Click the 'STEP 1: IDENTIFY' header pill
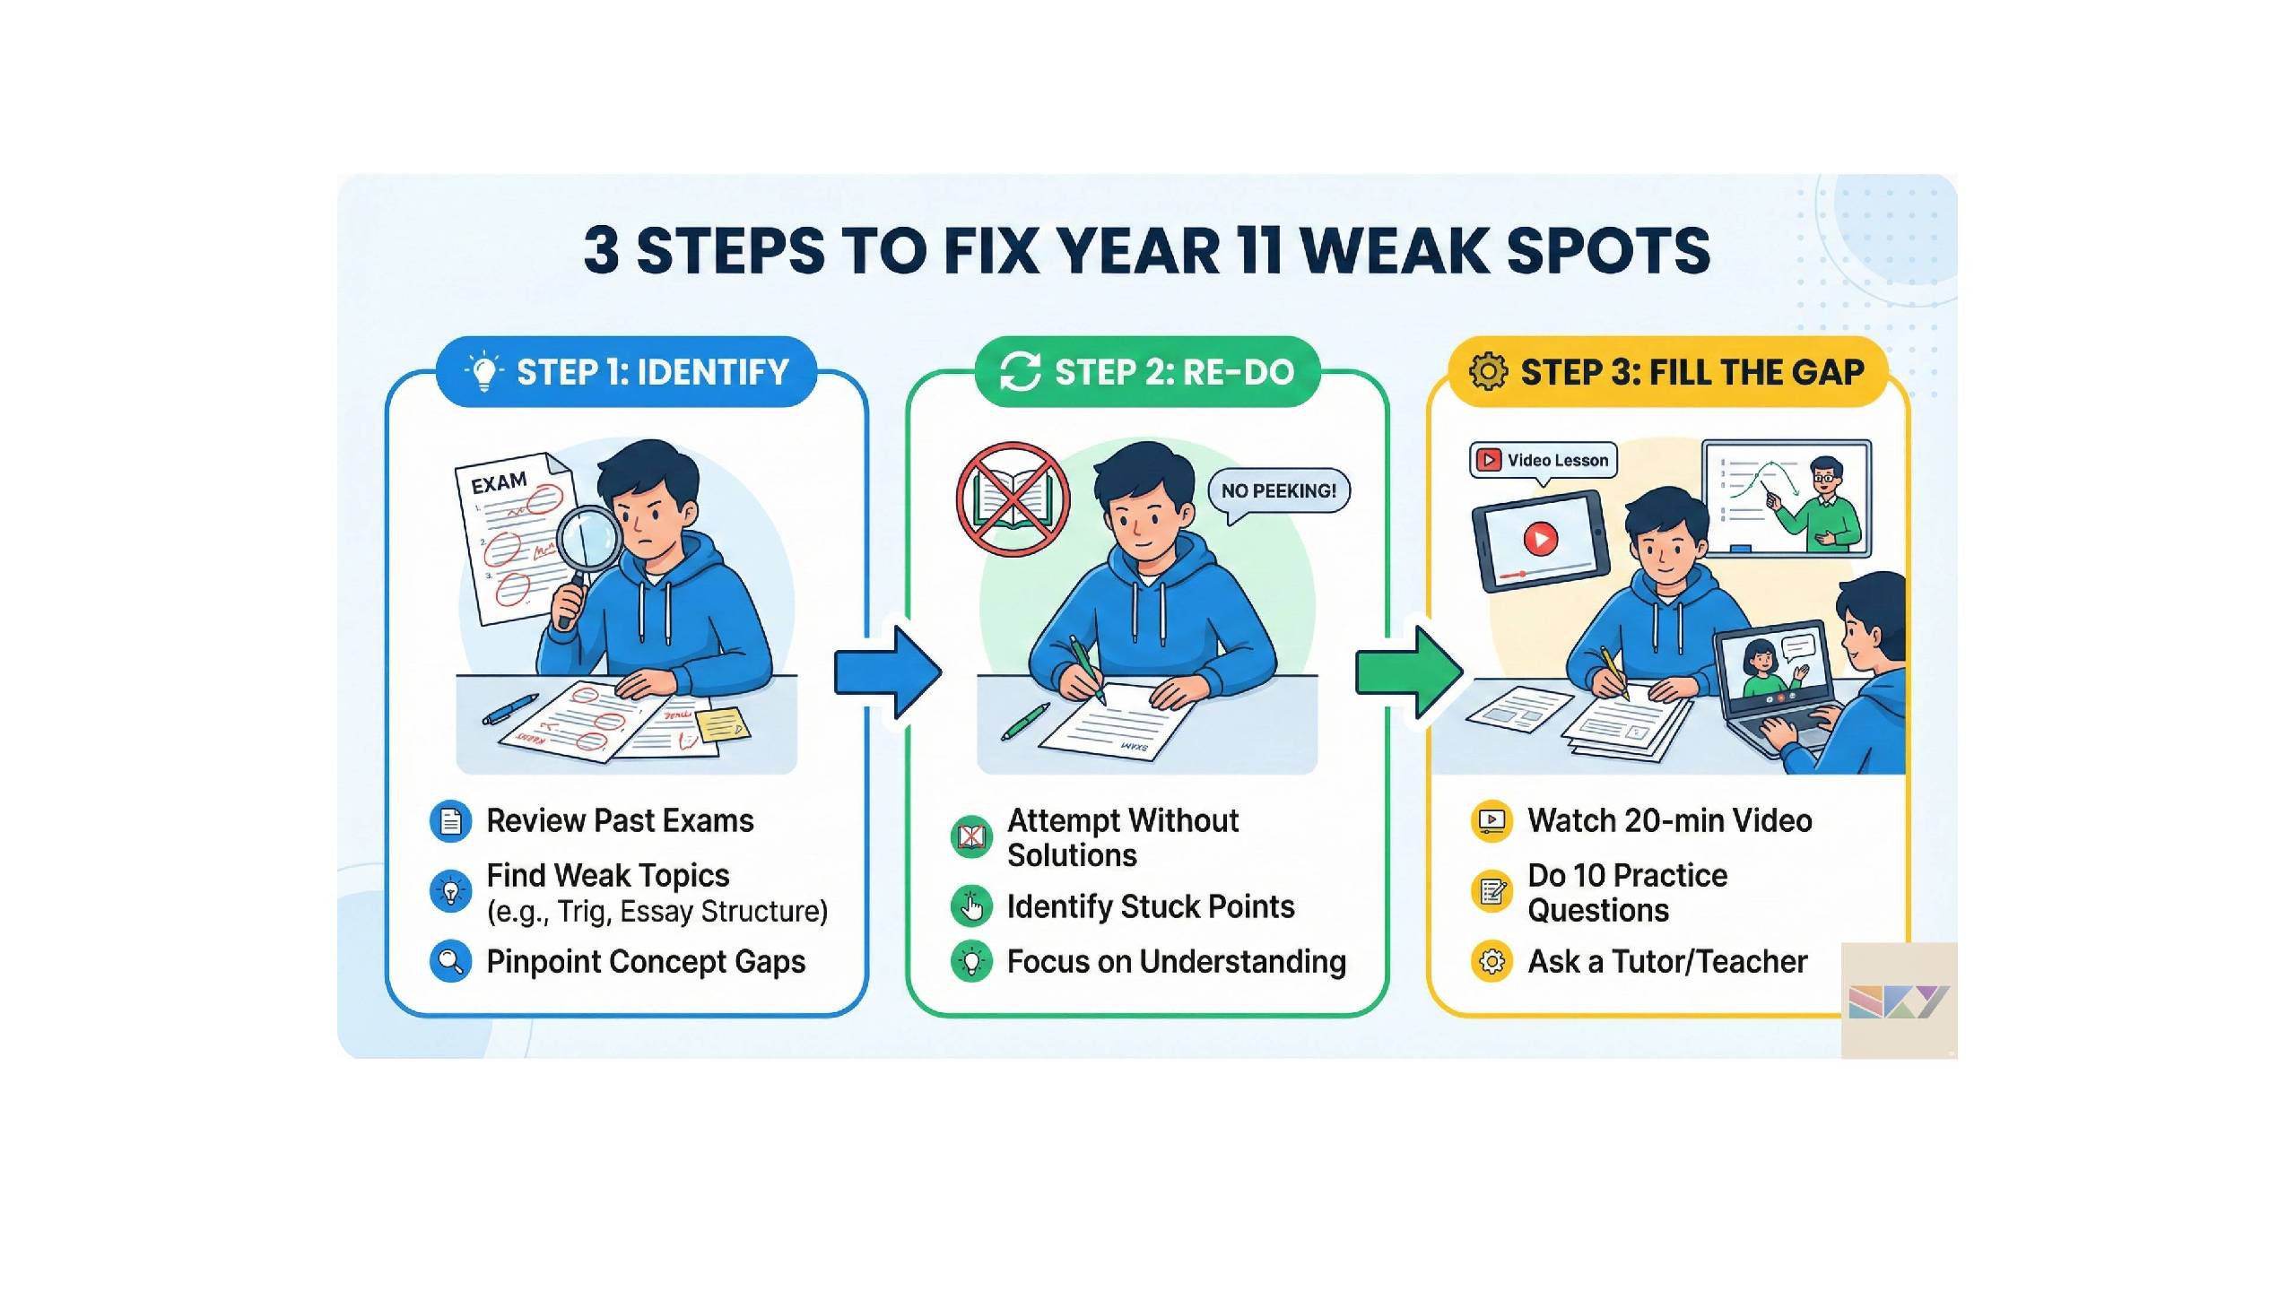(626, 371)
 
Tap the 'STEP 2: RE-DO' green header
(1147, 371)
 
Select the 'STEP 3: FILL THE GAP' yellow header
(1668, 371)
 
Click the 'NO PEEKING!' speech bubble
(1278, 492)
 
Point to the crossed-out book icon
(1013, 499)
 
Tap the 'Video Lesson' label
(1543, 461)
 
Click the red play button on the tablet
(1541, 539)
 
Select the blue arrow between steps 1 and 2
(888, 672)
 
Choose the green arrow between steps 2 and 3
(1409, 672)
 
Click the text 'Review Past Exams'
(620, 821)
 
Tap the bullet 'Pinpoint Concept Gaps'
(646, 962)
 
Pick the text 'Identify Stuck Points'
(1151, 907)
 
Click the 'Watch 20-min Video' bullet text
(1670, 821)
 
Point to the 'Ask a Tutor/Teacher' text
(1667, 962)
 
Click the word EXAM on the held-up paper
(499, 484)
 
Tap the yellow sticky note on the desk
(723, 724)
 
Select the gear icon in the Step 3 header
(1488, 371)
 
